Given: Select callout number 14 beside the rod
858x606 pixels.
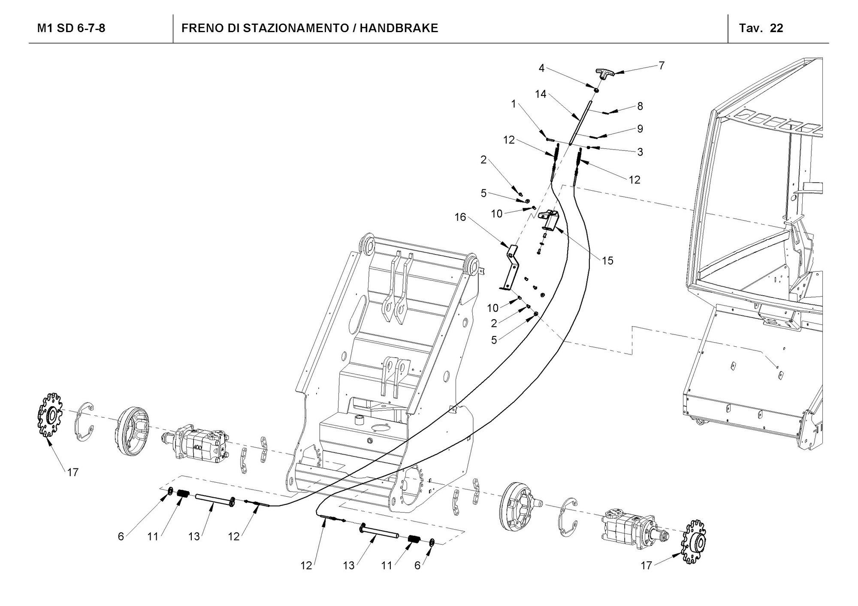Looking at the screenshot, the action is coord(541,94).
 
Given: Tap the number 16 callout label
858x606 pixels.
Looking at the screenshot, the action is coord(460,217).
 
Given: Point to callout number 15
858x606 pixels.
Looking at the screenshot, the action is coord(607,260).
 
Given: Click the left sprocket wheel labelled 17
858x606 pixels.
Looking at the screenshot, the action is coord(49,415).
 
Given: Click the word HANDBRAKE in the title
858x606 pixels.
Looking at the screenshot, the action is coord(399,28).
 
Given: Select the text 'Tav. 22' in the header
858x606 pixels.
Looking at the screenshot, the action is coord(761,28).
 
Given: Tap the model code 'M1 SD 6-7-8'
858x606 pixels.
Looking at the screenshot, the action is coord(71,28).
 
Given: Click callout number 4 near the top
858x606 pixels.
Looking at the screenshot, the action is coord(541,68).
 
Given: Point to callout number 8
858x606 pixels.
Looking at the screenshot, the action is coord(640,106).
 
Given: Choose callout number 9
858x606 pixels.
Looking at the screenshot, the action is coord(640,129).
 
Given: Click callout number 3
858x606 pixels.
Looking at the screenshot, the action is coord(640,152).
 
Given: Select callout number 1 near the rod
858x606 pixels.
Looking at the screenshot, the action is coord(514,104).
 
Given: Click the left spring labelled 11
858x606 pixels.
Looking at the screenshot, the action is coord(184,494).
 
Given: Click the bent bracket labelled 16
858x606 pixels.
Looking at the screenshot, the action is coord(511,266).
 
